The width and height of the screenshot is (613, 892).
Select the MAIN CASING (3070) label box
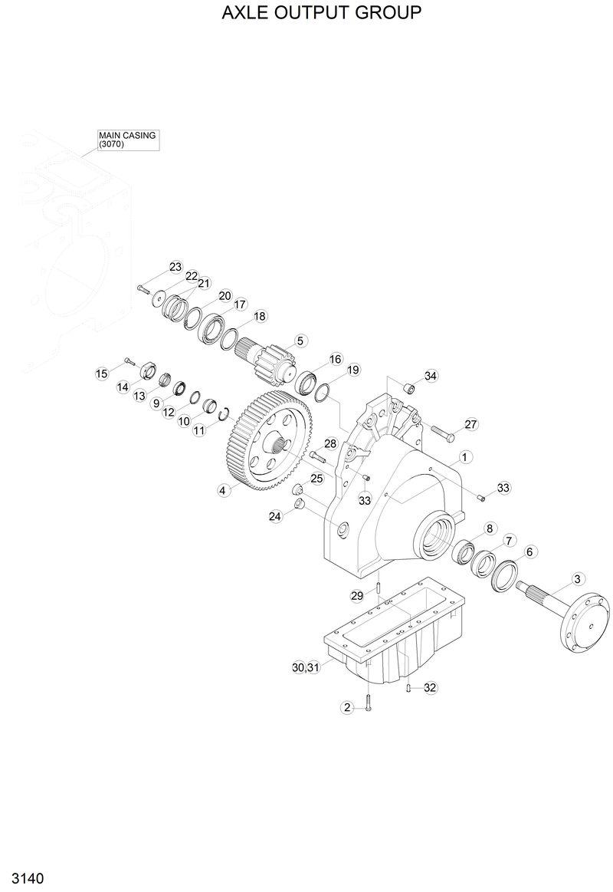pyautogui.click(x=127, y=140)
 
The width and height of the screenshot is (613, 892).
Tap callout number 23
pyautogui.click(x=175, y=267)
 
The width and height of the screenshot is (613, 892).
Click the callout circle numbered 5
pyautogui.click(x=300, y=340)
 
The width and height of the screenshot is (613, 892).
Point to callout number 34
pyautogui.click(x=431, y=376)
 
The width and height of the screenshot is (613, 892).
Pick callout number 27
pyautogui.click(x=470, y=424)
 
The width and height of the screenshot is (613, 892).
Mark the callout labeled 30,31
pyautogui.click(x=305, y=668)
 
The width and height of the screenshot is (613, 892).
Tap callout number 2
pyautogui.click(x=346, y=707)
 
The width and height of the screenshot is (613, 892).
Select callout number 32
pyautogui.click(x=430, y=688)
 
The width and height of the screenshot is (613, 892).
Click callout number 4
pyautogui.click(x=223, y=490)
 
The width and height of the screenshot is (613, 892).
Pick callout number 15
pyautogui.click(x=101, y=374)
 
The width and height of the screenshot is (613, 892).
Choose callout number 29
pyautogui.click(x=356, y=596)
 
